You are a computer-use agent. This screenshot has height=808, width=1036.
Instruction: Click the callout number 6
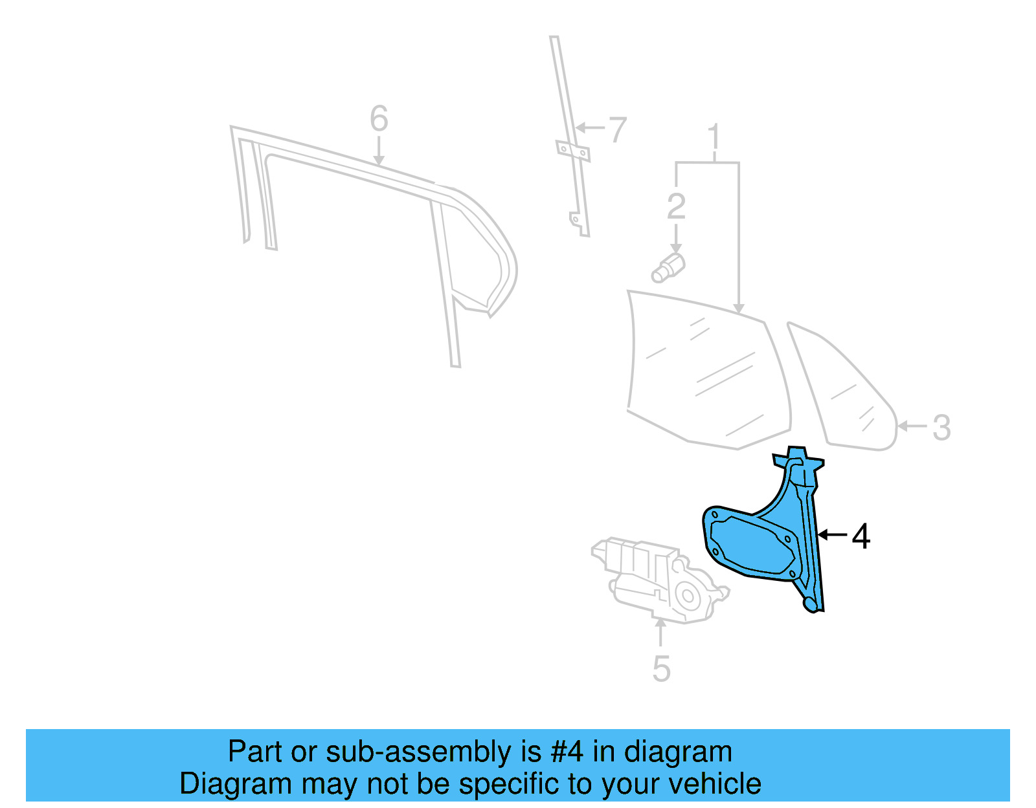379,119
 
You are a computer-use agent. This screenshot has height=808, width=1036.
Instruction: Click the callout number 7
618,130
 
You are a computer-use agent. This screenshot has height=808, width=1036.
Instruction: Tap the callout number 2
676,206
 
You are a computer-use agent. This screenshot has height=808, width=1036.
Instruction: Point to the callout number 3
941,428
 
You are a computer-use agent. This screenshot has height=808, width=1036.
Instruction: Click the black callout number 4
861,536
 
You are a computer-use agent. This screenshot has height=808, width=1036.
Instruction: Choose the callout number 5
661,668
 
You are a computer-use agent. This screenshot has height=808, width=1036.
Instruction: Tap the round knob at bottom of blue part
810,604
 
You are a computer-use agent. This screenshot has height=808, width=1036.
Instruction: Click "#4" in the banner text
567,752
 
